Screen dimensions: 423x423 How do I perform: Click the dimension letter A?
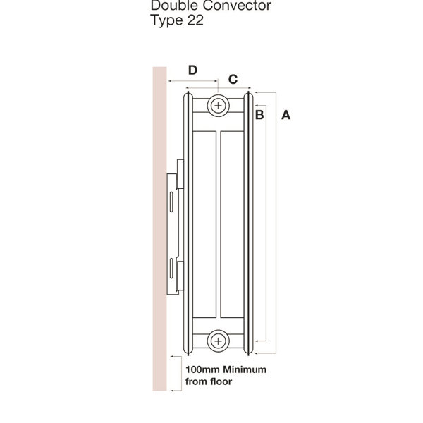coord(286,115)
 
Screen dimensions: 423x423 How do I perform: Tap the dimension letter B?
coord(259,115)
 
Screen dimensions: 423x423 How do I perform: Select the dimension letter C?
coord(233,79)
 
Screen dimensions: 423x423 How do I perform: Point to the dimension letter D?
coord(192,70)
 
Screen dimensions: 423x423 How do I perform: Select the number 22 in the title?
coord(195,20)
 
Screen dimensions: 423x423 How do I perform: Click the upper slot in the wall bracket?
coord(171,202)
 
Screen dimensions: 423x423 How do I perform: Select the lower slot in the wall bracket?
coord(171,268)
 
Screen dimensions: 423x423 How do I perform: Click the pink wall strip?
coord(160,228)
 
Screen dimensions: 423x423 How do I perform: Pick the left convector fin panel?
coord(204,224)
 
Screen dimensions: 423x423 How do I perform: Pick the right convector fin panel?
coord(232,224)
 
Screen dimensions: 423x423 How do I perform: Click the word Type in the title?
coord(167,20)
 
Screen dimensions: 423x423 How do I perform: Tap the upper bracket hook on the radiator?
coord(180,174)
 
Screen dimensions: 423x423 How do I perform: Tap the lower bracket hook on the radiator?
coord(180,276)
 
